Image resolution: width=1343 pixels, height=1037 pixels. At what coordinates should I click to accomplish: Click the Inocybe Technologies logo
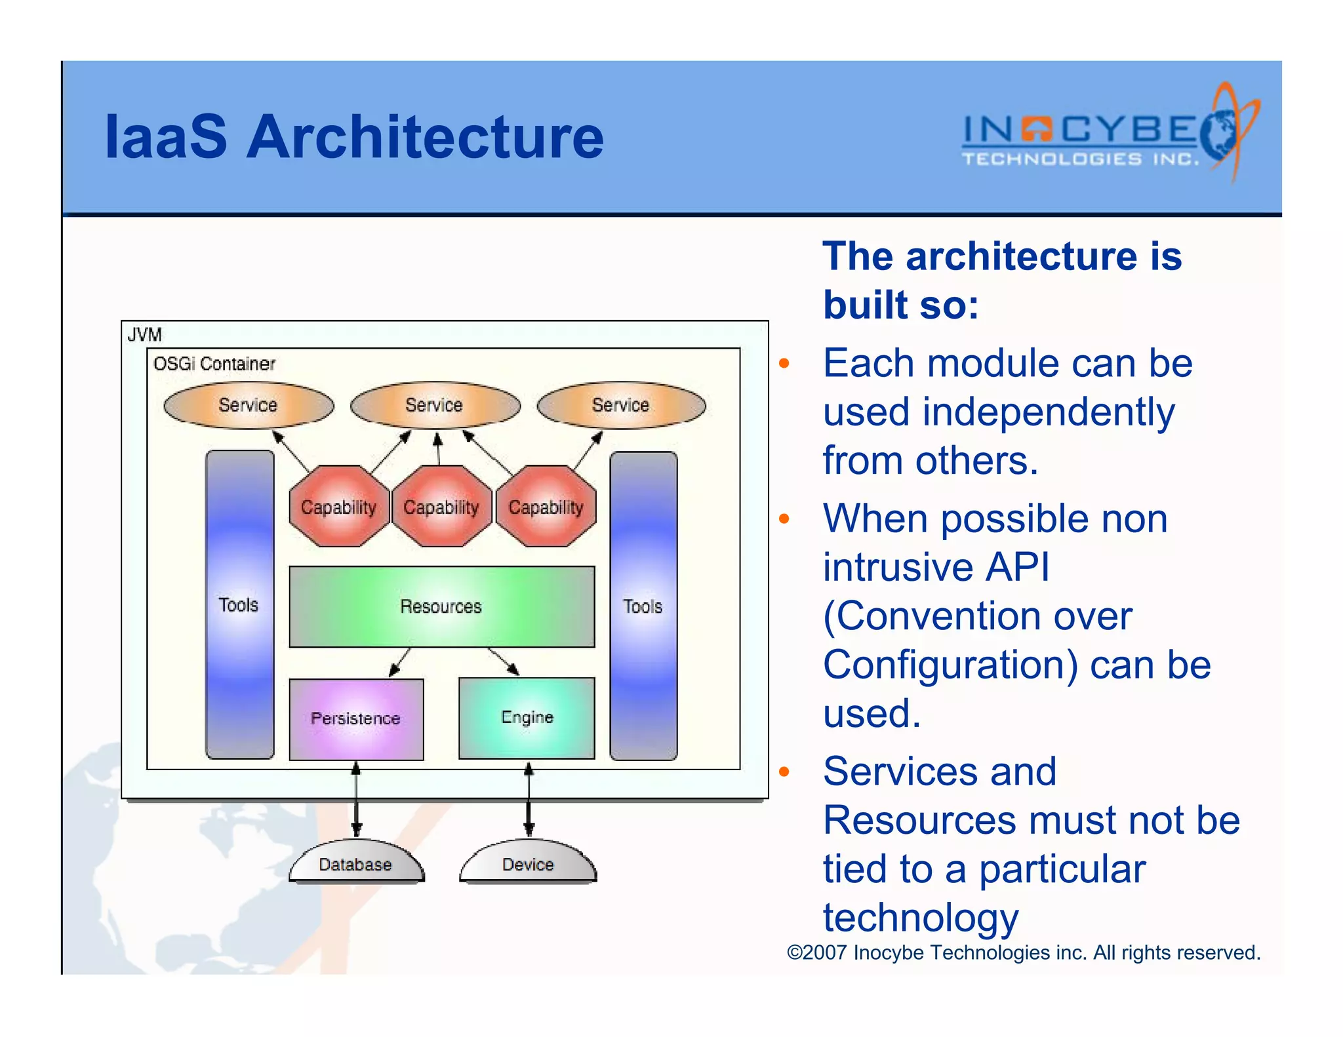tap(1108, 134)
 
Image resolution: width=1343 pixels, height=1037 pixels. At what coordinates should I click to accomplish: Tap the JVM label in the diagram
tap(144, 335)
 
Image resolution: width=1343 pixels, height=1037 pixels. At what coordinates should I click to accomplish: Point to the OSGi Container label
tap(214, 364)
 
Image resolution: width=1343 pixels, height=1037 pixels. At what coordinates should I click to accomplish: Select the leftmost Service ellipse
tap(249, 405)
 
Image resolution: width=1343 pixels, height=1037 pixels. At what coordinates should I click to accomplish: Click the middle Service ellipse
tap(435, 405)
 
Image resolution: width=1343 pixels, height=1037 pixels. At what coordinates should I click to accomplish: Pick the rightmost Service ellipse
tap(621, 405)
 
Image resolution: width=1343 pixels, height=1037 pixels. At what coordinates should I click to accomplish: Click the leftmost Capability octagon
tap(338, 507)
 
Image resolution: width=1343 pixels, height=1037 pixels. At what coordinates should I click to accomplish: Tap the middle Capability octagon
tap(441, 507)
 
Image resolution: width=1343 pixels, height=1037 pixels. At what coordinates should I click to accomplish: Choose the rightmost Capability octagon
tap(546, 507)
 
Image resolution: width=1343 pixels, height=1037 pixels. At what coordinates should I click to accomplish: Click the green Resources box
tap(441, 606)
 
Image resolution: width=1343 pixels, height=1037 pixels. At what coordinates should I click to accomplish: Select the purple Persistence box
tap(356, 719)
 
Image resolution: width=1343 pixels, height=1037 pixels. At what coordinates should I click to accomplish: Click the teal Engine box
tap(527, 718)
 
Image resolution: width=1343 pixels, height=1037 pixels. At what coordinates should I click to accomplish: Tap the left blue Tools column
tap(239, 604)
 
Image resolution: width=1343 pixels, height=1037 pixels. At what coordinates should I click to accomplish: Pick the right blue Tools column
tap(643, 606)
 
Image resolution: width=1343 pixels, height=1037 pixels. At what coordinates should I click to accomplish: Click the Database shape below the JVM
tap(356, 863)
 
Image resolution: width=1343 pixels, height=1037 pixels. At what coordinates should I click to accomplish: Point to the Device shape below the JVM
tap(528, 863)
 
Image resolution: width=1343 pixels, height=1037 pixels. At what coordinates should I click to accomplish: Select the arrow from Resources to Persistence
tap(399, 662)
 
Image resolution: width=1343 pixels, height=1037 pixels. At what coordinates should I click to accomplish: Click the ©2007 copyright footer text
tap(1023, 952)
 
